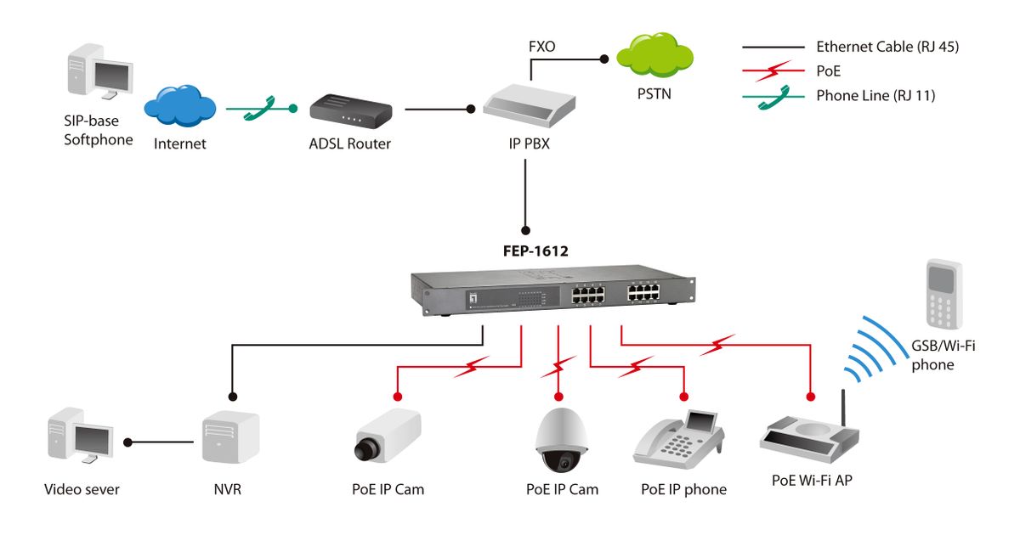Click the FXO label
click(541, 47)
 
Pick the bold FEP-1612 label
click(535, 251)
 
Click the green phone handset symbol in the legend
click(773, 96)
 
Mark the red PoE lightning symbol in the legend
click(773, 71)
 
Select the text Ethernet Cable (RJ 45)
click(887, 48)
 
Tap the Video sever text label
click(82, 489)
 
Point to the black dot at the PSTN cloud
click(604, 59)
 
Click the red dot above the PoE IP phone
click(684, 396)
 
